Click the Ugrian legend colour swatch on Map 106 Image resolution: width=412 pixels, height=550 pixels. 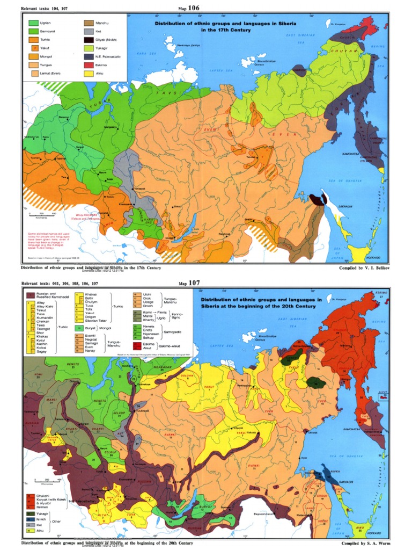tap(34, 23)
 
